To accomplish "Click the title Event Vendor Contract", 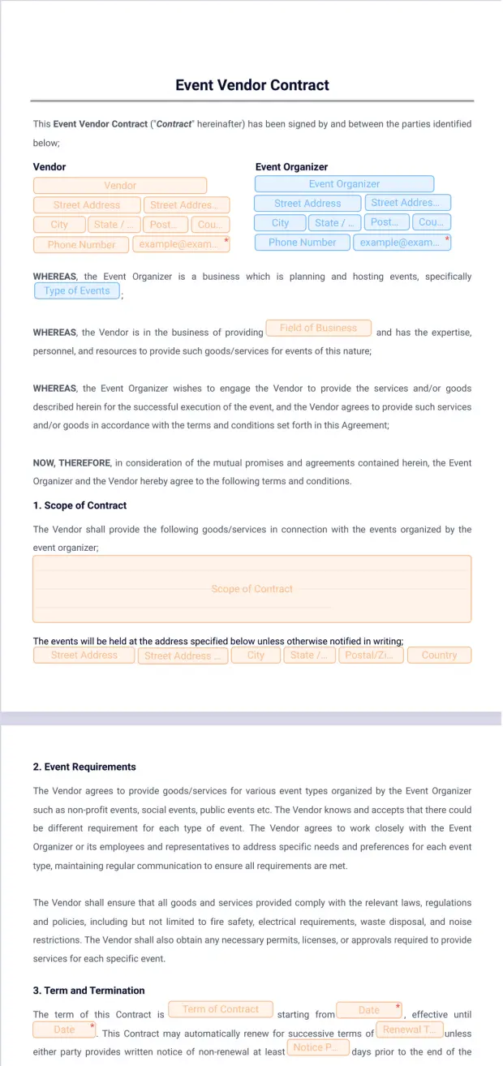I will coord(251,85).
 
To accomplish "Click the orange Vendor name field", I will coord(120,186).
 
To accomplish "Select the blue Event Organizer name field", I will coord(344,184).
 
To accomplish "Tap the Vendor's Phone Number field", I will coord(81,244).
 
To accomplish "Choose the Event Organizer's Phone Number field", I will coord(302,243).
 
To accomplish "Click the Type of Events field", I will coord(77,291).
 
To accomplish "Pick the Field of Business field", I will coord(318,328).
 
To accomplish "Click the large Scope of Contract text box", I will coord(251,589).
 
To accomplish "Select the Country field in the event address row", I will coord(439,656).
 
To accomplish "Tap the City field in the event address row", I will coord(256,656).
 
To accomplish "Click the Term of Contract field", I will coord(220,1009).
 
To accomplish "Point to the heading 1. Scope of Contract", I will coord(80,505).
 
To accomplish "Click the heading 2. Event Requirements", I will coord(84,767).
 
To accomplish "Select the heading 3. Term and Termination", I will coord(88,991).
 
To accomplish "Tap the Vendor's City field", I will coord(59,225).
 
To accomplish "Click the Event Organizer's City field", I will coord(280,223).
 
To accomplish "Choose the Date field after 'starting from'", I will coord(369,1010).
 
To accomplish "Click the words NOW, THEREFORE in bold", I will coord(71,463).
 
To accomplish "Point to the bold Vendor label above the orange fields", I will coord(49,167).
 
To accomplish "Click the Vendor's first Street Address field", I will coord(86,205).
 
